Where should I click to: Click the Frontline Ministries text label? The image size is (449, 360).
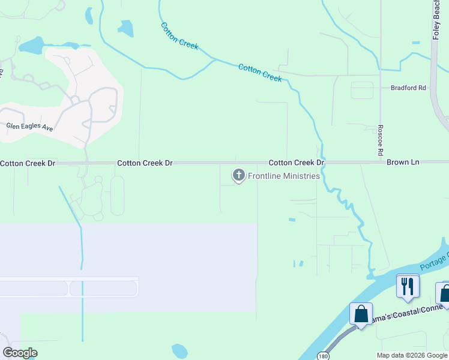click(283, 176)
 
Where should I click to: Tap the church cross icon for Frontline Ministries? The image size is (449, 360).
click(239, 175)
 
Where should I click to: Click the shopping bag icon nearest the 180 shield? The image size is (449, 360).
click(361, 313)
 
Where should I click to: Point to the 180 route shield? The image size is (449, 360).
click(324, 355)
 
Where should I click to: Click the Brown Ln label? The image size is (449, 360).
click(403, 163)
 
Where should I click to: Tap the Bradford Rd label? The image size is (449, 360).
click(408, 88)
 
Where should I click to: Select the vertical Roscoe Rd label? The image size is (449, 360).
click(381, 141)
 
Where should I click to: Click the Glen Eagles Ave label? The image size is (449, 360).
click(29, 128)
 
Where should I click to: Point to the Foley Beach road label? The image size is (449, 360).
click(436, 20)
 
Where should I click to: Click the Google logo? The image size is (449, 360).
click(20, 353)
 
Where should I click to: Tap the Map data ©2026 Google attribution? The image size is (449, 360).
click(411, 355)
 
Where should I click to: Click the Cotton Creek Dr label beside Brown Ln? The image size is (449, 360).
click(297, 163)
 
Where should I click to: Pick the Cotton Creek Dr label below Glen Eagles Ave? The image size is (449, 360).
click(28, 163)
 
